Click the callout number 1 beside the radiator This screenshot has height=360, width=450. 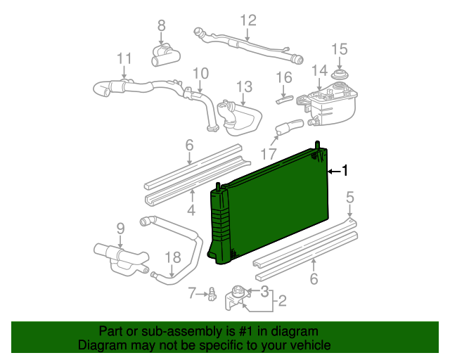345,170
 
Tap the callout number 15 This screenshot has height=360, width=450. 340,49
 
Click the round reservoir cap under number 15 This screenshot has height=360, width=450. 340,75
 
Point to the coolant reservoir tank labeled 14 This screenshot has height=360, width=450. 330,104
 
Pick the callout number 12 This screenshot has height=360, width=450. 248,20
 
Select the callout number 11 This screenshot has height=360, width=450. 124,58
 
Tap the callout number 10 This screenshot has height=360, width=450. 200,72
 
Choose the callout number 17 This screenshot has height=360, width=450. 269,153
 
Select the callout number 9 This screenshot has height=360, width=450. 120,228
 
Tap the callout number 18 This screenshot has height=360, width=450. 172,258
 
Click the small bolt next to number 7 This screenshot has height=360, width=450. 210,295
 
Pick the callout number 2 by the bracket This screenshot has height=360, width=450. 282,302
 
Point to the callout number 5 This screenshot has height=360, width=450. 350,198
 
